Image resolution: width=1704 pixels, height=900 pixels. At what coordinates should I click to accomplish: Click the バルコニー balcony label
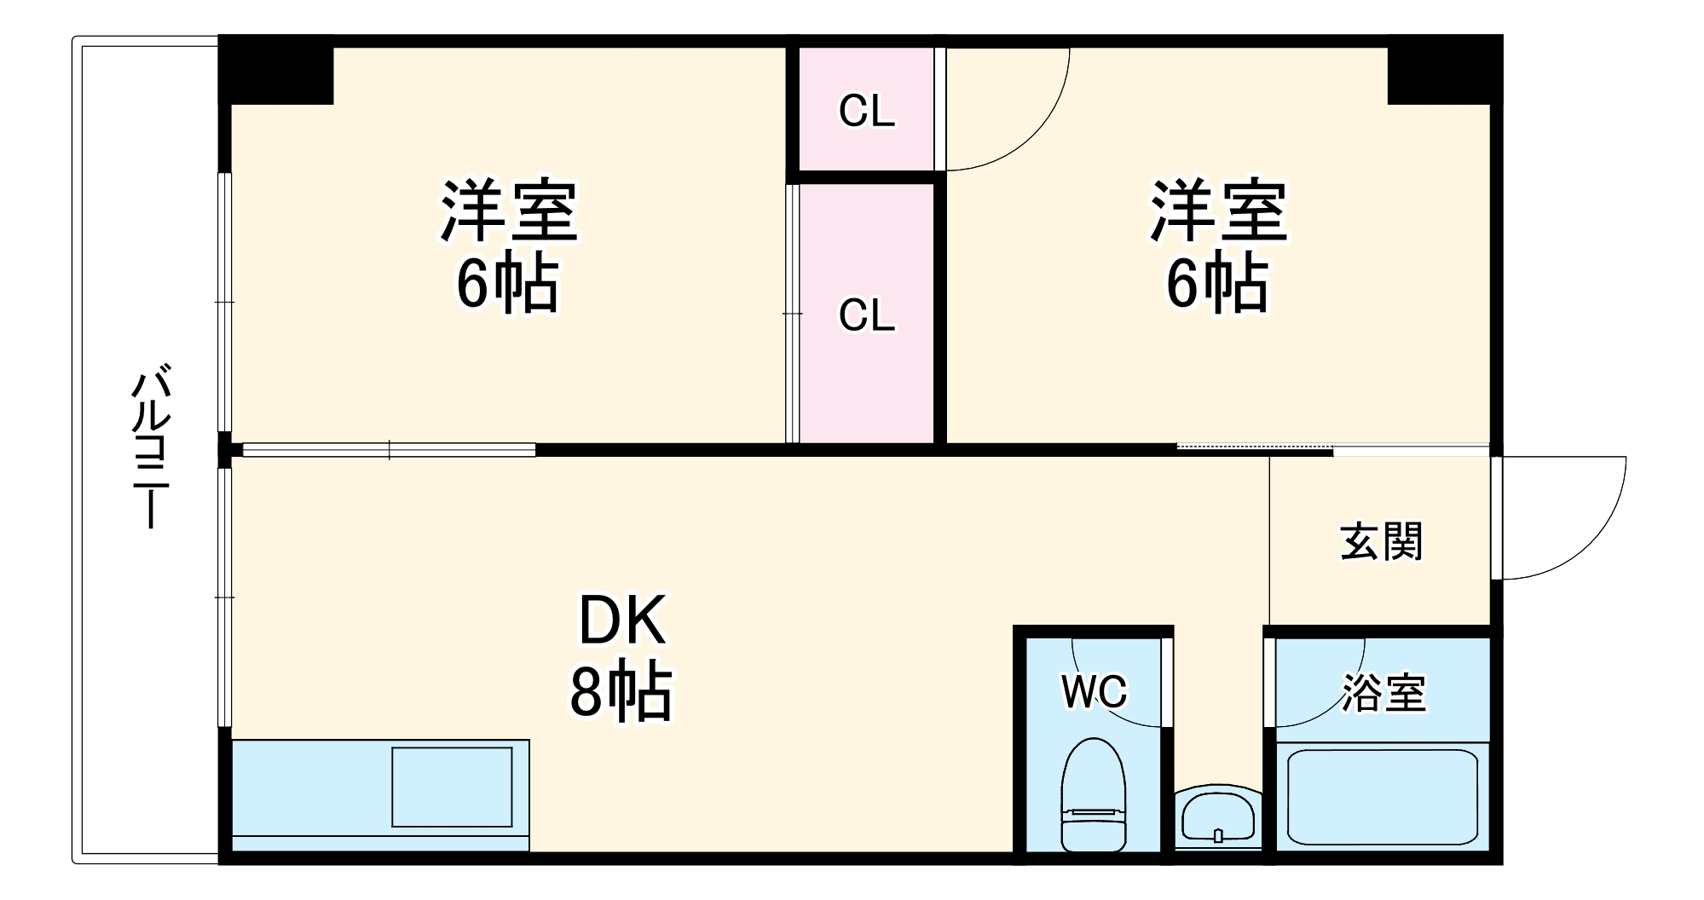pyautogui.click(x=151, y=447)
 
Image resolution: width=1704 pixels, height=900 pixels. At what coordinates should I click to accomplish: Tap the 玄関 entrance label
pyautogui.click(x=1382, y=542)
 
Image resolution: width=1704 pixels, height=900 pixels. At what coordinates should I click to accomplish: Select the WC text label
pyautogui.click(x=1095, y=691)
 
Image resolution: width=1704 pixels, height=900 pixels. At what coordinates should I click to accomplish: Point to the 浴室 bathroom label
pyautogui.click(x=1384, y=693)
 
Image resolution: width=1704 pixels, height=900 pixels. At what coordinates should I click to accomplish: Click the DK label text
pyautogui.click(x=622, y=621)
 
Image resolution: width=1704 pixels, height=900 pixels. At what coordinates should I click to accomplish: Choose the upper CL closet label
pyautogui.click(x=867, y=111)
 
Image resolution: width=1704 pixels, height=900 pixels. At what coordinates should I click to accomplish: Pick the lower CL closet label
pyautogui.click(x=867, y=315)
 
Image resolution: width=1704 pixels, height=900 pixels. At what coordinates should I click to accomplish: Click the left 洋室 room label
pyautogui.click(x=509, y=211)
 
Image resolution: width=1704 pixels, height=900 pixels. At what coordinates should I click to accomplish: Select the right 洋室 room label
pyautogui.click(x=1219, y=211)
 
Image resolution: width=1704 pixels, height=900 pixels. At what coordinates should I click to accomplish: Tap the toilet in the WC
pyautogui.click(x=1094, y=794)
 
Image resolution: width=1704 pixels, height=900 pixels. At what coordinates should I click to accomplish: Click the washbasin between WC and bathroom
pyautogui.click(x=1217, y=818)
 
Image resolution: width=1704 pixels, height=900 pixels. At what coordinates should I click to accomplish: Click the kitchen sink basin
pyautogui.click(x=452, y=786)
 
